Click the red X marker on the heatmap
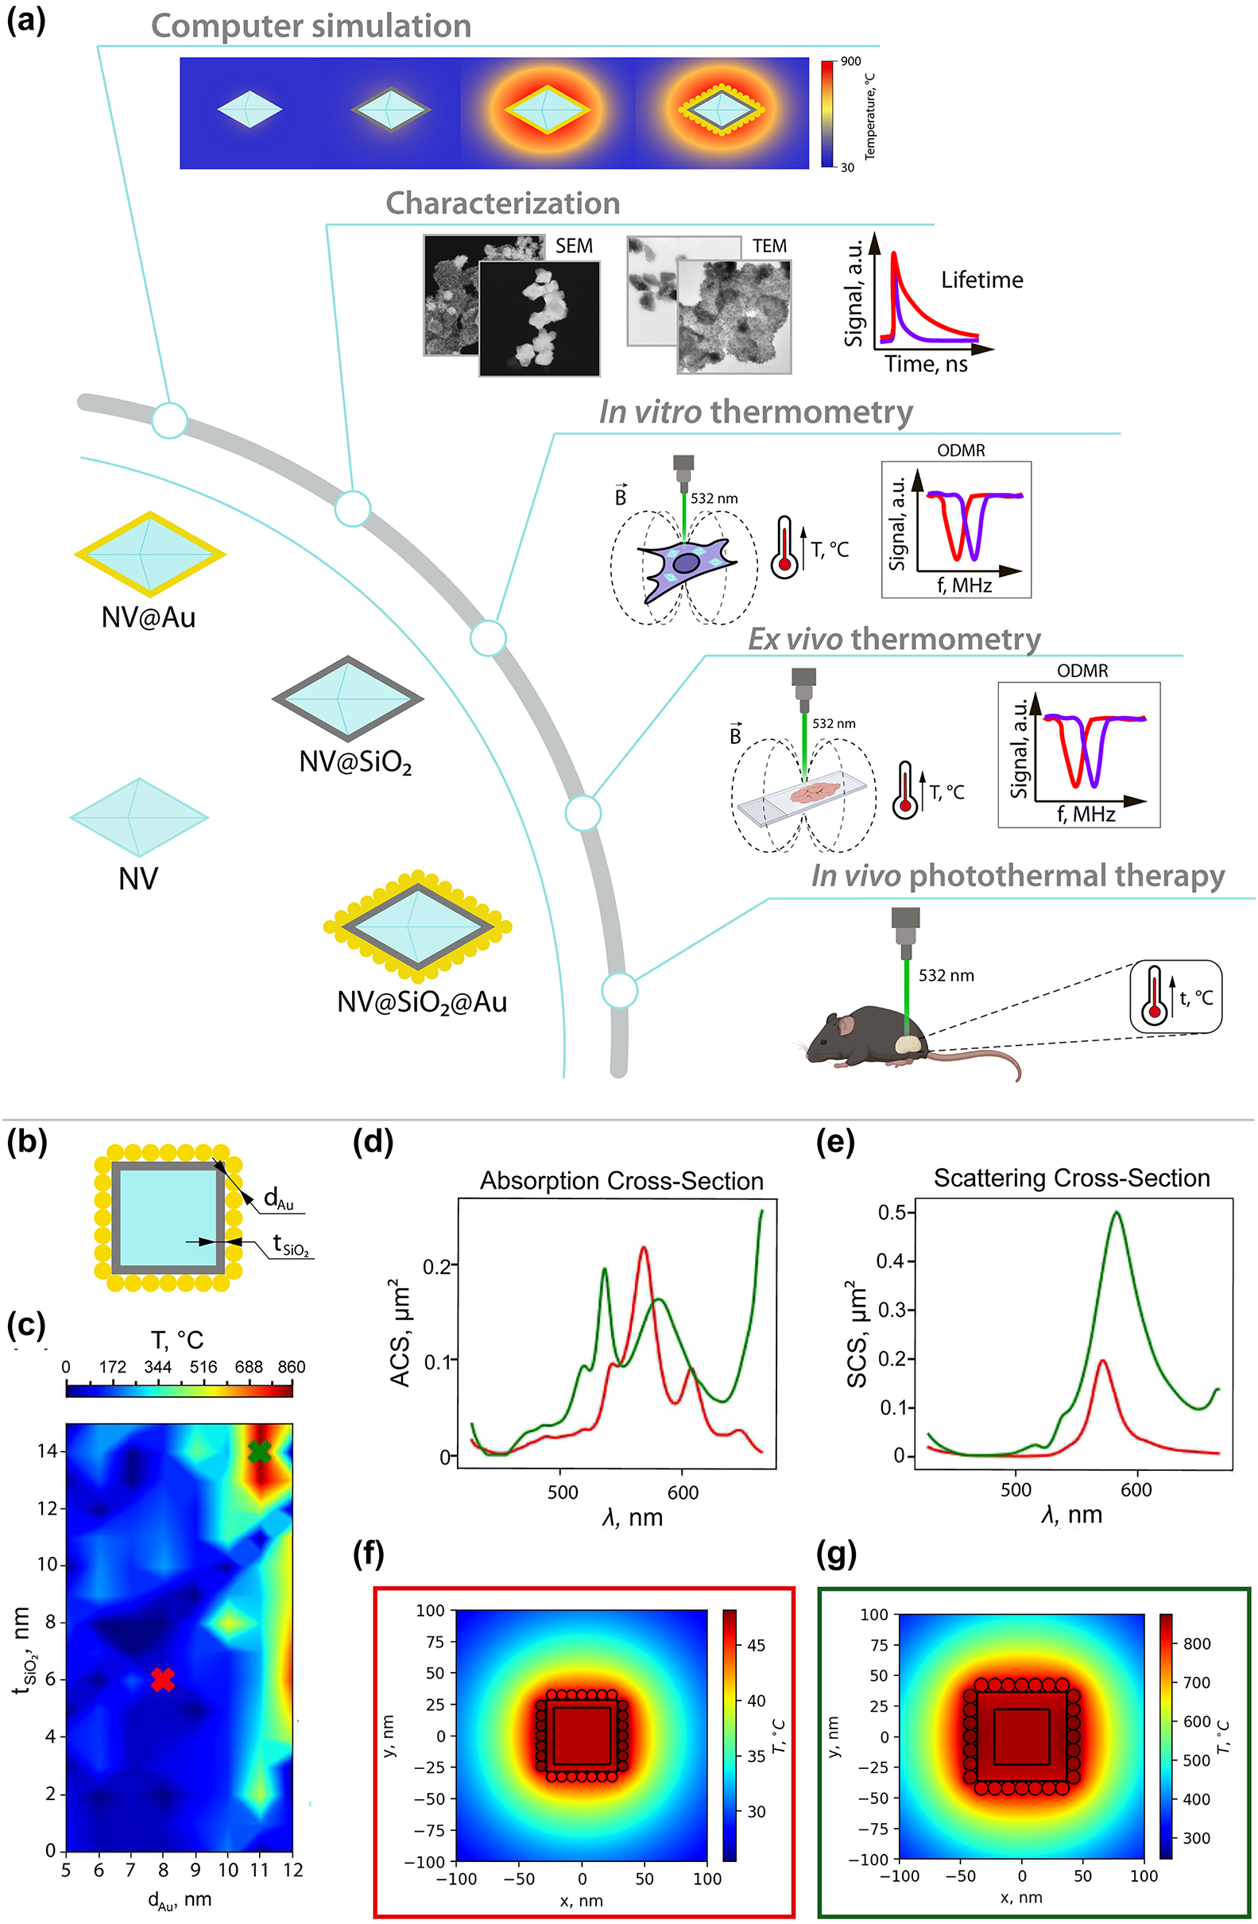tap(162, 1679)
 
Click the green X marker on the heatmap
tap(259, 1451)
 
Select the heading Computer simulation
tap(311, 26)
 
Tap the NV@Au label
tap(148, 617)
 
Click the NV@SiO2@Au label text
tap(421, 1002)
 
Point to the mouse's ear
tap(846, 1026)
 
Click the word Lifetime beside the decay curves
tap(981, 280)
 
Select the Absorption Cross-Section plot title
tap(621, 1181)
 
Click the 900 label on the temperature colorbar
tap(850, 61)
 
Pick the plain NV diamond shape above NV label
tap(139, 817)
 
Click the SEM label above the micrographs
tap(573, 246)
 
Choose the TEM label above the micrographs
tap(769, 246)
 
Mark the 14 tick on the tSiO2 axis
tap(47, 1451)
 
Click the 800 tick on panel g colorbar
tap(1197, 1643)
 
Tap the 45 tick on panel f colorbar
tap(755, 1645)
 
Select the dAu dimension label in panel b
tap(278, 1198)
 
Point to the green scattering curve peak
tap(1117, 1213)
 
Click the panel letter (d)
tap(373, 1142)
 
